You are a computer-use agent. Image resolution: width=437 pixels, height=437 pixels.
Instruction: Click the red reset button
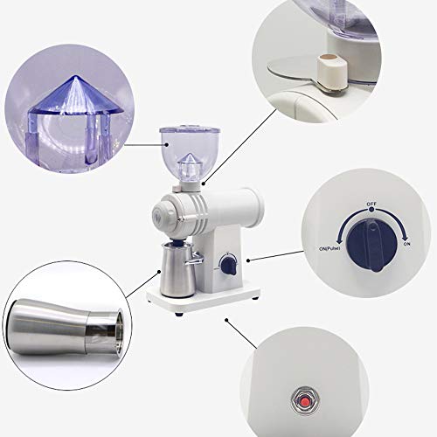[x=305, y=402]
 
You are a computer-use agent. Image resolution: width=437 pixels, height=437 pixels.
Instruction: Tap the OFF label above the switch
[x=371, y=204]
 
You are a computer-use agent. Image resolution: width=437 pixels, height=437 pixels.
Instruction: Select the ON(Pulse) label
[x=329, y=249]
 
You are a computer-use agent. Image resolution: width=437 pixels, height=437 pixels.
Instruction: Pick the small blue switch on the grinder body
[x=229, y=266]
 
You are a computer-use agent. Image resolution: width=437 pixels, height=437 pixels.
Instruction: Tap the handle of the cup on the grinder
[x=194, y=259]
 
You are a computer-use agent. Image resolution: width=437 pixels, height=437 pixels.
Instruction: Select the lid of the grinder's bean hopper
[x=190, y=129]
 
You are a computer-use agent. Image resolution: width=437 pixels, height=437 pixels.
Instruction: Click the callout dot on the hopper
[x=167, y=144]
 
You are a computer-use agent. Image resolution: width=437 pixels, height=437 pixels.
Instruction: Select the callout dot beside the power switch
[x=248, y=260]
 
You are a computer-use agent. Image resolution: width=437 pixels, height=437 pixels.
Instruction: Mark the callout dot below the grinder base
[x=226, y=320]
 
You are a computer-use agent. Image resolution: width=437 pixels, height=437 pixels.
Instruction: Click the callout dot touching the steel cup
[x=159, y=272]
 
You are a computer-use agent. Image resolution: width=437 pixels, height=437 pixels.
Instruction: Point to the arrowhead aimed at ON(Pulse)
[x=340, y=240]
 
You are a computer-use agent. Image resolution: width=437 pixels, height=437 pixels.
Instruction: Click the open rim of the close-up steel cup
[x=119, y=329]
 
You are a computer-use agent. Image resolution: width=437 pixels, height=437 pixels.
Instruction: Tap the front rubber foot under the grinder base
[x=179, y=315]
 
